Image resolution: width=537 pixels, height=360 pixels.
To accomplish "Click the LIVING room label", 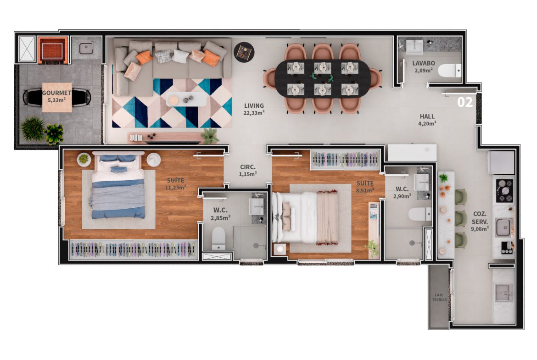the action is [254, 106].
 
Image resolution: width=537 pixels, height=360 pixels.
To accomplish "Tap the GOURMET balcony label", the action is [57, 93].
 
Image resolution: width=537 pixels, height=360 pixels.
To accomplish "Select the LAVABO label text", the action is [424, 63].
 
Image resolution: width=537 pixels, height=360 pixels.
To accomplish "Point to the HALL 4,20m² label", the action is [427, 120].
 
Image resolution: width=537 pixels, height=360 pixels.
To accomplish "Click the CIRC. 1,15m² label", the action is [247, 171].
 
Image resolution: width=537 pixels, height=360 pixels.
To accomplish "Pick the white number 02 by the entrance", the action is [465, 102].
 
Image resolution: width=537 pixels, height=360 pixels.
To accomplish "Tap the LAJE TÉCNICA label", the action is [439, 297].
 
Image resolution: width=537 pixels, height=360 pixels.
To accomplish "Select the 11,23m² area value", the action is [175, 188].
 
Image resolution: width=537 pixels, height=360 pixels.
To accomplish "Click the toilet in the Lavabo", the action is [450, 71].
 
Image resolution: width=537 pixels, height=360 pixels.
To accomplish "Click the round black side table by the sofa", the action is [244, 52].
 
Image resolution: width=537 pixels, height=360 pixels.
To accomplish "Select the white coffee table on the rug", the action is [186, 100].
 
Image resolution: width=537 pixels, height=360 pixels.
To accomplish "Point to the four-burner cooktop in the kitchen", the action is [505, 191].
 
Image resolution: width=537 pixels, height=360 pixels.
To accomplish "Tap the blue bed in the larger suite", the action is [117, 187].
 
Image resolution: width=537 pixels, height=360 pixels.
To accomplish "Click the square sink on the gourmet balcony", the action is [86, 49].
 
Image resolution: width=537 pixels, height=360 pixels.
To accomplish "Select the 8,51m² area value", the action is [365, 190].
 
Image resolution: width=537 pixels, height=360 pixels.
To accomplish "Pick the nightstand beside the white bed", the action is [280, 249].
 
